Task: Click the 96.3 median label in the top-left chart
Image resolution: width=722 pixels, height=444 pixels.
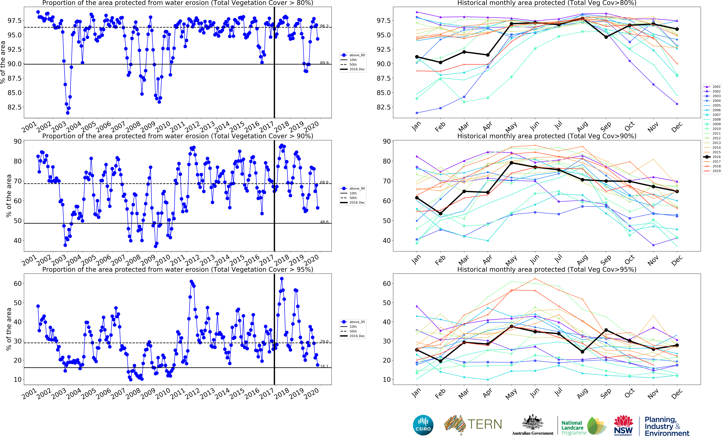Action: pos(324,26)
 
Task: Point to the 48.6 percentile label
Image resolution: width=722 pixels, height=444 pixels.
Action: pos(324,222)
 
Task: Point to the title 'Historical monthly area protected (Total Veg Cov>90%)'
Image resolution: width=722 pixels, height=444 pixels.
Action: pos(547,136)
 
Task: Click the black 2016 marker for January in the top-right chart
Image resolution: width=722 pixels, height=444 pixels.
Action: pos(417,57)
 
